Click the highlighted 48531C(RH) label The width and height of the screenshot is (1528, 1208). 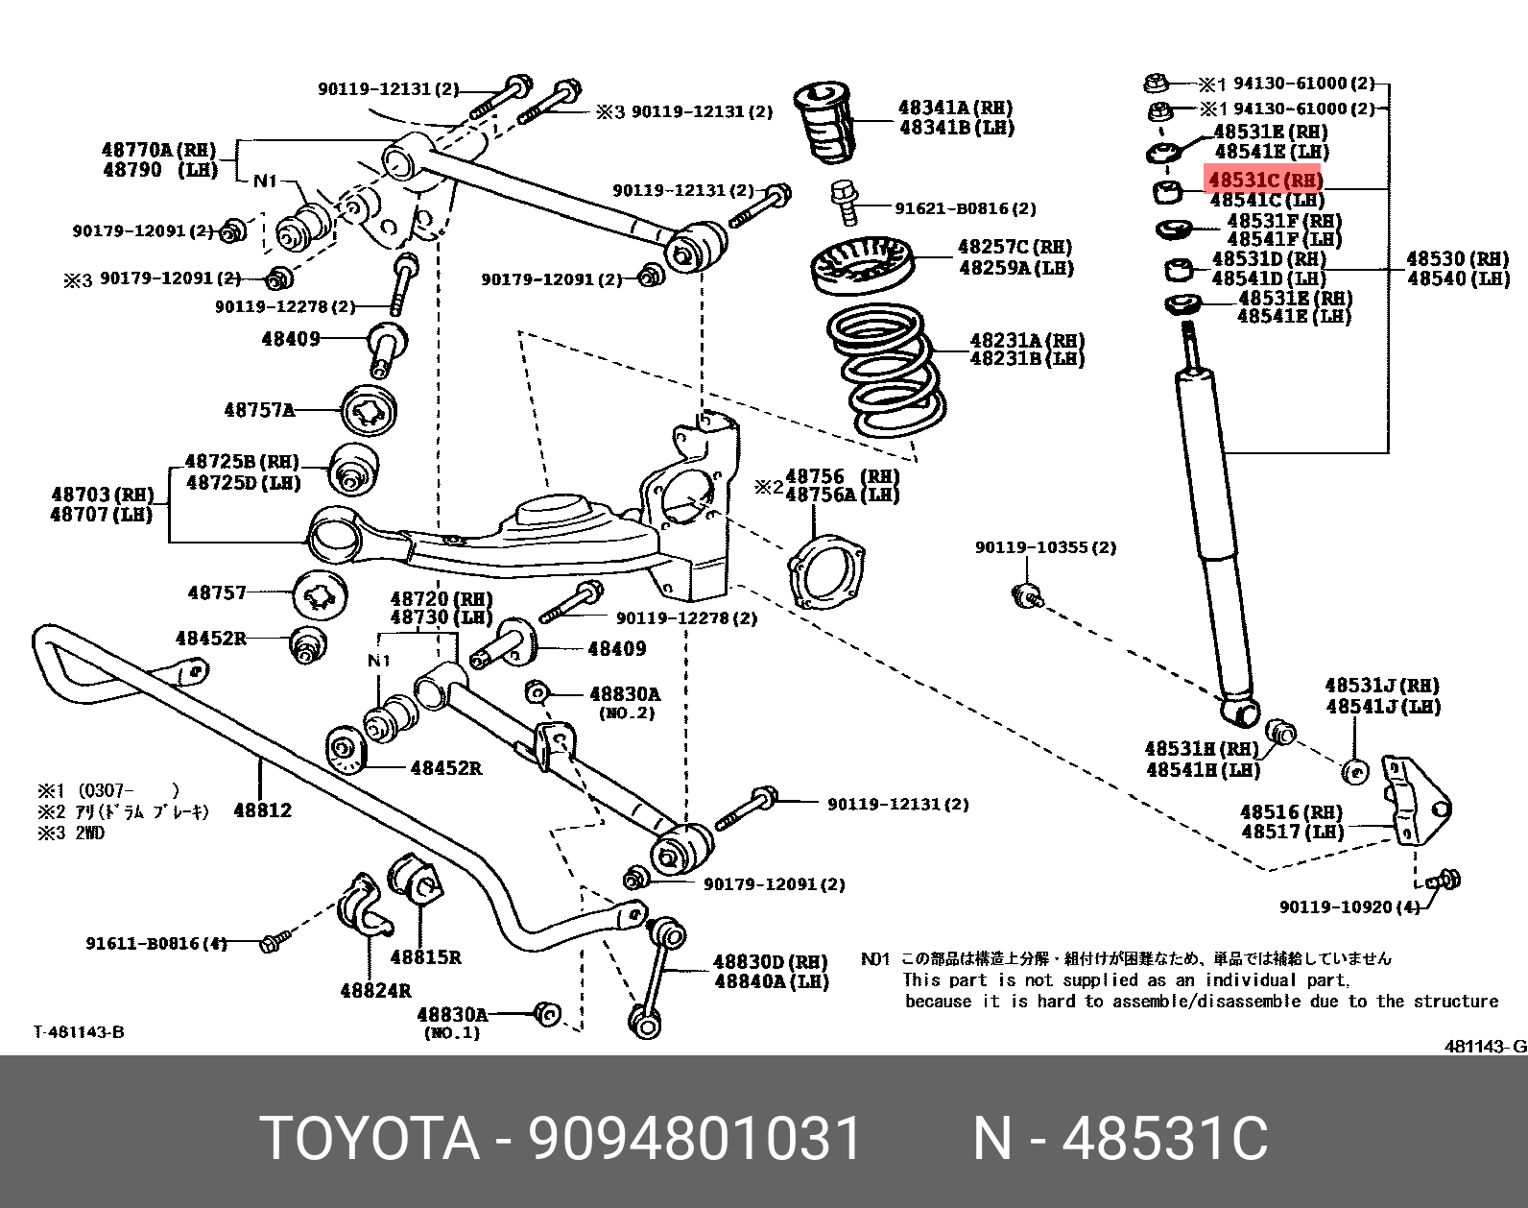click(1264, 180)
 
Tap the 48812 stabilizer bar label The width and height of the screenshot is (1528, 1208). click(262, 810)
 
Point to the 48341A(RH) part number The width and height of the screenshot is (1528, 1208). click(955, 108)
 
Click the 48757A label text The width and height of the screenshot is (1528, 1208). click(259, 410)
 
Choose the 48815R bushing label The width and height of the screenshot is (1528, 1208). click(425, 957)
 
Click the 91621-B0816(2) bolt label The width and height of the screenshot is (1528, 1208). click(966, 208)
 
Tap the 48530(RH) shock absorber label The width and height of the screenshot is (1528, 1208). click(1458, 258)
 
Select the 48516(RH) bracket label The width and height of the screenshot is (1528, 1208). click(1292, 812)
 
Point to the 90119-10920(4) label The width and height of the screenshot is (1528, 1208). click(1349, 906)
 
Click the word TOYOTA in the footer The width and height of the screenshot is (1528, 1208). click(370, 1139)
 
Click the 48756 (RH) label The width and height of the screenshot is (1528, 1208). click(842, 476)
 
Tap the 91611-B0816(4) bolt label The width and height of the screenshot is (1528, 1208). click(156, 944)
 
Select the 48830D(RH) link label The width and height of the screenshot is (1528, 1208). click(770, 961)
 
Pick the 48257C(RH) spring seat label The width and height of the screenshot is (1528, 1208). click(1015, 248)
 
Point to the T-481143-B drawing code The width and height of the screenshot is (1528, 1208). click(79, 1032)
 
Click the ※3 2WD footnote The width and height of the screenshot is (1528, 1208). click(71, 833)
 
